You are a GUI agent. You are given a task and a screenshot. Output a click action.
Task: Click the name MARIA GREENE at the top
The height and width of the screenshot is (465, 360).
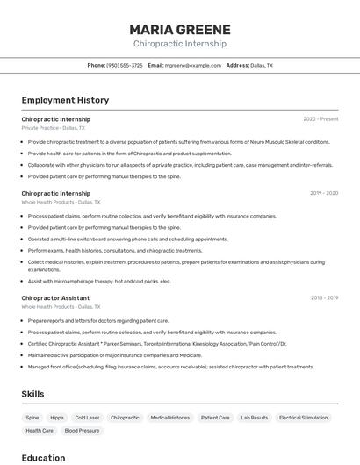[180, 29]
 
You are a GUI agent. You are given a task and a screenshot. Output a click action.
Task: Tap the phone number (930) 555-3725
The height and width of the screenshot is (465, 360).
[124, 65]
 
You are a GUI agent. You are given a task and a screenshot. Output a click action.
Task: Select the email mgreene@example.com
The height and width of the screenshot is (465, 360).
[192, 65]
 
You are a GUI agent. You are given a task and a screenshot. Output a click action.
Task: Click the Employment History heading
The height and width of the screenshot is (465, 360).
[65, 100]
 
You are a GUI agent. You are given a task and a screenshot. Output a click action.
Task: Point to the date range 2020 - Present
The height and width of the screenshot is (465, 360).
[320, 119]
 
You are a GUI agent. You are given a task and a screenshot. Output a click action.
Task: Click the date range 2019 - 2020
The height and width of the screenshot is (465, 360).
[324, 193]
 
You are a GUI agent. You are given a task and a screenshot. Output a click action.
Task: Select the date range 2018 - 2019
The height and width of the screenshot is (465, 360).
[324, 298]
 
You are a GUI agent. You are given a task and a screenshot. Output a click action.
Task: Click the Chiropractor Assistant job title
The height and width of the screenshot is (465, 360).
[55, 298]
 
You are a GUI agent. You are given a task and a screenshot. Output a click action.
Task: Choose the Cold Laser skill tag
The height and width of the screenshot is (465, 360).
[87, 418]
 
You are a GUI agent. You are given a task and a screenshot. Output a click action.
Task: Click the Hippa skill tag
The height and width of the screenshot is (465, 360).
[57, 418]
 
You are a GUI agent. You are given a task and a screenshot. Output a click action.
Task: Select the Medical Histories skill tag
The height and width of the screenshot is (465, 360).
[170, 418]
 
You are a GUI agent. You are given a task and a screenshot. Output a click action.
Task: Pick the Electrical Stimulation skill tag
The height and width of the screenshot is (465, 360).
[303, 418]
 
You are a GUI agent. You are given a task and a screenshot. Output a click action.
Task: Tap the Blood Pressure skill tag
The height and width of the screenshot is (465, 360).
[83, 431]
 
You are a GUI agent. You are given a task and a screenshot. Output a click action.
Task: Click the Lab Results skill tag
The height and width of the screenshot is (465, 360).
[255, 418]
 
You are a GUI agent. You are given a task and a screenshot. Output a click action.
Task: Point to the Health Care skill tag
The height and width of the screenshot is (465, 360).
[40, 431]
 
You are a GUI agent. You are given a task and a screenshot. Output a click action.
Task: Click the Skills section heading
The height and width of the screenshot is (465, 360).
[32, 394]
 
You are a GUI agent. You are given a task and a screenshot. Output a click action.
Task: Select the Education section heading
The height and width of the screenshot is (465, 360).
[43, 457]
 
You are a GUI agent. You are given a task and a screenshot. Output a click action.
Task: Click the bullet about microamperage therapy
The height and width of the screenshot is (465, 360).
[99, 282]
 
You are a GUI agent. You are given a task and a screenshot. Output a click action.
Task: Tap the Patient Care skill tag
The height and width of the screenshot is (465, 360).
[215, 418]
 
